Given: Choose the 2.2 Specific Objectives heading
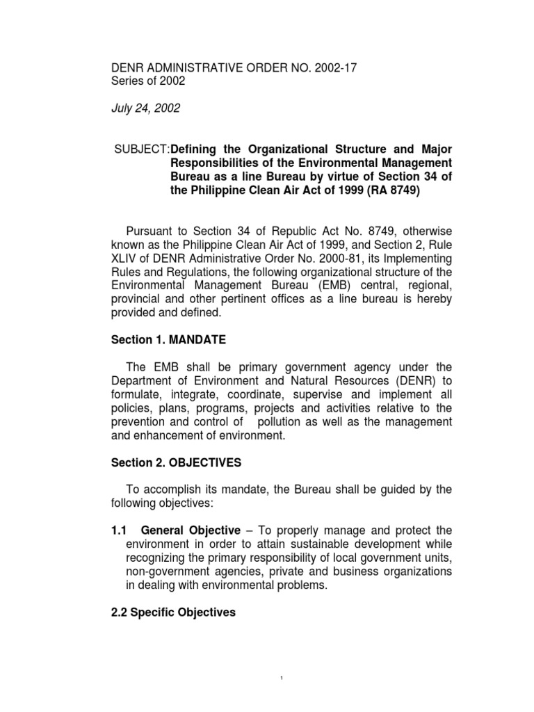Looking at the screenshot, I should coord(174,613).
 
